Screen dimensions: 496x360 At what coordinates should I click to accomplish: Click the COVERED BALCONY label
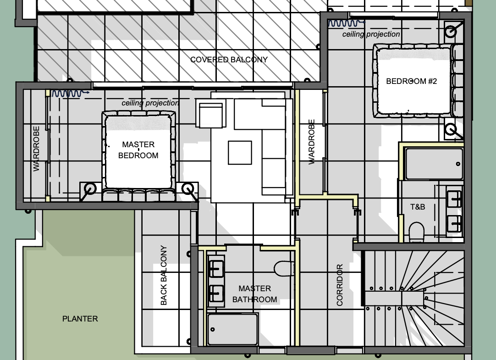click(x=229, y=60)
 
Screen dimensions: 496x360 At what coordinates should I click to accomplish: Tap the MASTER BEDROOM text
click(x=138, y=150)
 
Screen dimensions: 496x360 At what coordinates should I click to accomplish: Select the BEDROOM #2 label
click(x=412, y=81)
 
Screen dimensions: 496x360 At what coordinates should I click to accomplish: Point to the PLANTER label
click(x=80, y=319)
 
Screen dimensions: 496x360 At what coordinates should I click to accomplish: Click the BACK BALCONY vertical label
click(x=164, y=275)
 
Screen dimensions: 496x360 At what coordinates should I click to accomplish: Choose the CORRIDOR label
click(x=340, y=285)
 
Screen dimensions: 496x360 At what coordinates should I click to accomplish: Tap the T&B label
click(x=418, y=207)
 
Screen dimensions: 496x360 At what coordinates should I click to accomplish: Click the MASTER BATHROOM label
click(x=255, y=294)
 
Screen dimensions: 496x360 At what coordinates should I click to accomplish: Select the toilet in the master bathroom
click(x=284, y=269)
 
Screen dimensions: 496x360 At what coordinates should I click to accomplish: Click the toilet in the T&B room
click(x=416, y=232)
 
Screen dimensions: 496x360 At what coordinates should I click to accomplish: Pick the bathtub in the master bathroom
click(x=232, y=329)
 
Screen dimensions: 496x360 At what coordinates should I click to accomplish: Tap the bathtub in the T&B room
click(x=434, y=164)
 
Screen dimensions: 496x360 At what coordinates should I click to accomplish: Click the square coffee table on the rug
click(x=240, y=153)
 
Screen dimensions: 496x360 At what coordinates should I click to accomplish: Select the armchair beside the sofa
click(x=210, y=113)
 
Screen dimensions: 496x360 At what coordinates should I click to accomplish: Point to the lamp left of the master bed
click(x=90, y=189)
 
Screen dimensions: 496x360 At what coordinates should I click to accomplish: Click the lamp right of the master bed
click(x=188, y=189)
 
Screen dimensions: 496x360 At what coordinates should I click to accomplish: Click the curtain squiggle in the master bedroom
click(x=70, y=93)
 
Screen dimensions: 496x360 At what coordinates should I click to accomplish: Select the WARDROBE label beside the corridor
click(x=312, y=142)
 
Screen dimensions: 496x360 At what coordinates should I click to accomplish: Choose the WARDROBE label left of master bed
click(x=36, y=149)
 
